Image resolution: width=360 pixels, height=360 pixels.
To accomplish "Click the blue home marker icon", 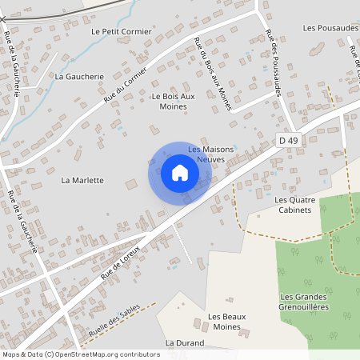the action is (180, 173).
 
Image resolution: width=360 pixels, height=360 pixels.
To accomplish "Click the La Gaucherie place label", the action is (80, 76).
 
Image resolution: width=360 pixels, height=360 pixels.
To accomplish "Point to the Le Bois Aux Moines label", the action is (173, 101).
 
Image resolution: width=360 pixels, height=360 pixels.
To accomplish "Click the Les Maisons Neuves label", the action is (206, 154).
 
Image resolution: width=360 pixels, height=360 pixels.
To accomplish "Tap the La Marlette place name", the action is (82, 180).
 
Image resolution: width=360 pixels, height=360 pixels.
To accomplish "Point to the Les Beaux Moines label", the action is (224, 322).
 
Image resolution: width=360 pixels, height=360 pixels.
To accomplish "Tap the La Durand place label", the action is (185, 342).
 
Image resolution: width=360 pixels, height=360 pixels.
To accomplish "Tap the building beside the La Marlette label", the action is (131, 185).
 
